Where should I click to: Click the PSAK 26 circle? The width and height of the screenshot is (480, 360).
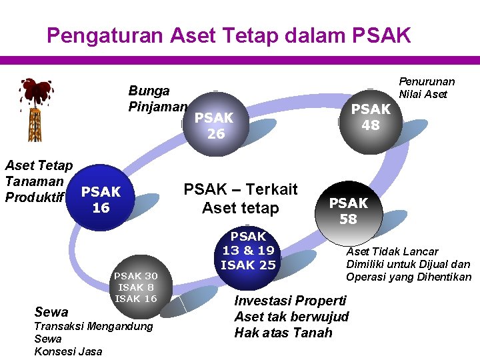click(x=215, y=125)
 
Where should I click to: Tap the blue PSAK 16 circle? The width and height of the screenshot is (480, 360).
click(x=101, y=199)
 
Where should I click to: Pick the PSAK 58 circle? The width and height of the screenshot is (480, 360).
click(x=348, y=211)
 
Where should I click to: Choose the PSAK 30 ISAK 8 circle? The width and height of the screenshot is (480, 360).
click(x=136, y=287)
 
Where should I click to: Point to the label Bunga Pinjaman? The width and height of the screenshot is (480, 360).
click(x=157, y=98)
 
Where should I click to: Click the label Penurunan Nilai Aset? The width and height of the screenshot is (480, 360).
click(x=426, y=88)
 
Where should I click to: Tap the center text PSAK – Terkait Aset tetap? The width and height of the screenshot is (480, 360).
click(x=240, y=199)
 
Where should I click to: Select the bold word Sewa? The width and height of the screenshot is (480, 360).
click(x=51, y=311)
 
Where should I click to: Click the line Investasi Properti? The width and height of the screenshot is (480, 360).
click(x=290, y=301)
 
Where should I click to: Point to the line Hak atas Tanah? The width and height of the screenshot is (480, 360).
click(x=283, y=332)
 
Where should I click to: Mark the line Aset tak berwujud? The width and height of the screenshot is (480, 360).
click(x=291, y=316)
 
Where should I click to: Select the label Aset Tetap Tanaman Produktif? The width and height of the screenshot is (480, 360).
click(x=37, y=181)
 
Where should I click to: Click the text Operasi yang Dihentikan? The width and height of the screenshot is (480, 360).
click(x=408, y=277)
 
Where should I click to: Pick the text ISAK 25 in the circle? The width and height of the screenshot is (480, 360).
click(x=248, y=265)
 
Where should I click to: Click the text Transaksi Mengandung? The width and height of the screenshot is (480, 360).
click(x=93, y=326)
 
